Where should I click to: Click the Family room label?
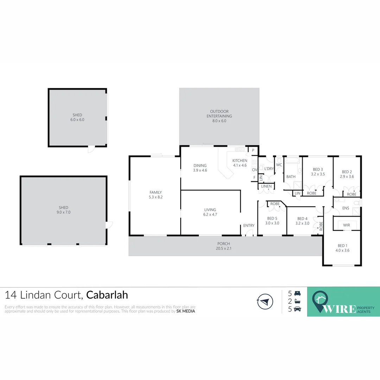click(156, 192)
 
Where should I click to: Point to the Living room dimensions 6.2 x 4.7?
click(210, 215)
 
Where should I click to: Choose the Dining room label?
click(200, 166)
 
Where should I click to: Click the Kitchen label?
click(240, 161)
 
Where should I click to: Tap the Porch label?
click(223, 244)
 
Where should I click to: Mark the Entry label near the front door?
click(249, 226)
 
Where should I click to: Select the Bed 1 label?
click(341, 246)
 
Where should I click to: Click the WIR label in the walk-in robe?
click(347, 225)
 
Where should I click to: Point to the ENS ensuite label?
click(346, 208)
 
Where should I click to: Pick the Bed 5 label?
click(272, 218)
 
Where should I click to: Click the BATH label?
click(291, 177)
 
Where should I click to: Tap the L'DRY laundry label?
click(269, 169)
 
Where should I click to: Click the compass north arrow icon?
click(265, 301)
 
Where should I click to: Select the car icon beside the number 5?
click(297, 309)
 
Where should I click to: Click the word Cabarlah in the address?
click(107, 295)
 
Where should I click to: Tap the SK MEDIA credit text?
click(185, 311)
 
